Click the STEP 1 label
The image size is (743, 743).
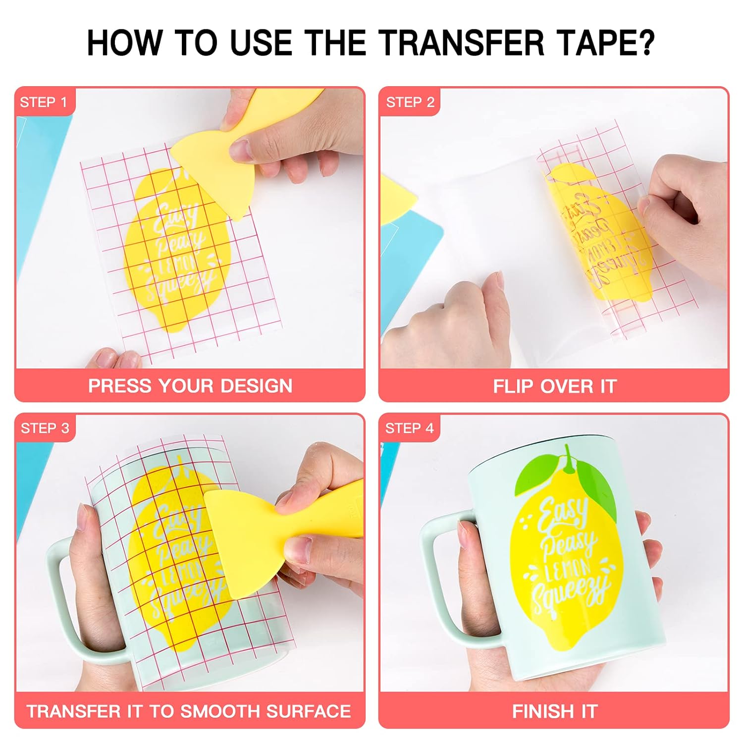[x=43, y=102]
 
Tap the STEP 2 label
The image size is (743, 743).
[x=410, y=102]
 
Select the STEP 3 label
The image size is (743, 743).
[x=45, y=428]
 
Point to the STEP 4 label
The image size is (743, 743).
[x=409, y=428]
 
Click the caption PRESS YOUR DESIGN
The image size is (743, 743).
[x=190, y=386]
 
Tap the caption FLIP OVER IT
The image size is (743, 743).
[x=555, y=386]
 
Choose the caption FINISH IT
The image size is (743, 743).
[x=555, y=711]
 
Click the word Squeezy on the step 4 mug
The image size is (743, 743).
[x=570, y=594]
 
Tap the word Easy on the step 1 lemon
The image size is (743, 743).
[x=176, y=218]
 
